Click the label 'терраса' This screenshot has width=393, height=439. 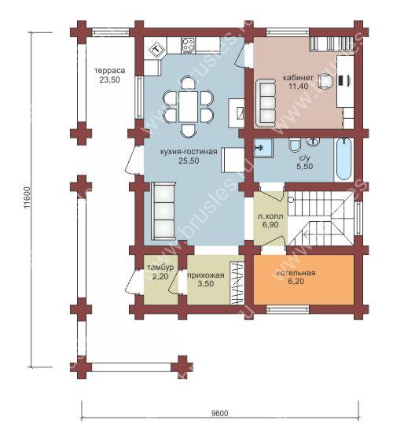point(110,71)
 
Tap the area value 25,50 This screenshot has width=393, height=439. point(189,161)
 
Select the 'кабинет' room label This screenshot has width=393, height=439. point(298,78)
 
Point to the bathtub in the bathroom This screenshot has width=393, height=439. point(343,159)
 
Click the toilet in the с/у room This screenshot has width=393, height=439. point(295,145)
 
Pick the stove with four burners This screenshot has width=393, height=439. point(189,46)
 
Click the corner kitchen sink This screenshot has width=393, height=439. point(157,50)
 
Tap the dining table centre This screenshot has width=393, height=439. point(189,106)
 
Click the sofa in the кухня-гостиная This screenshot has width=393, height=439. point(163,211)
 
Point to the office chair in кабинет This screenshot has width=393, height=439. point(326,80)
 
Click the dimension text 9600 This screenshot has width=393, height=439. point(219,413)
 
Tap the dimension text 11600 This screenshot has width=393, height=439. point(27,198)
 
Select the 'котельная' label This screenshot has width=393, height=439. point(296,273)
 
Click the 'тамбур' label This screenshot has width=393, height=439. point(160,267)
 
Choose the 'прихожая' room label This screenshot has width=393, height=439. point(206,275)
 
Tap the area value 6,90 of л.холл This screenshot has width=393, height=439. point(270,224)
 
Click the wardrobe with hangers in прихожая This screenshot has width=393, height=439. point(237,283)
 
